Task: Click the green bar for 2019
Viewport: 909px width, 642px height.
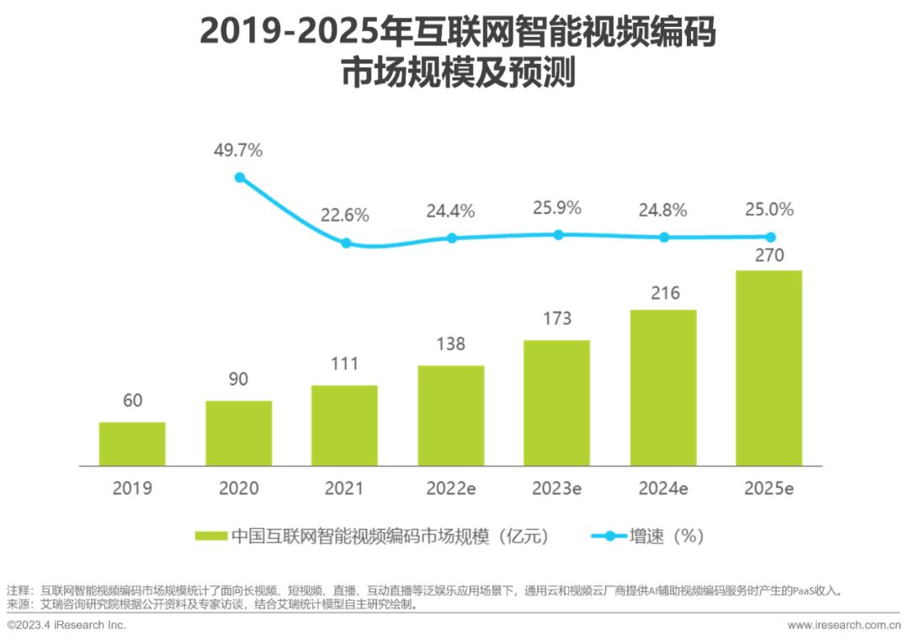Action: [132, 444]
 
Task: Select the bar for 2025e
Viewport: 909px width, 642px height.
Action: [768, 368]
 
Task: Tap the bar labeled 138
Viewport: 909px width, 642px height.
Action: [450, 415]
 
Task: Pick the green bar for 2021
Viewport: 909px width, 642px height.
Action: [344, 425]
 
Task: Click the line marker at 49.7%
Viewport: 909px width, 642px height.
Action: [240, 178]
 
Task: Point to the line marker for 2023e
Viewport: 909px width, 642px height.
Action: [557, 234]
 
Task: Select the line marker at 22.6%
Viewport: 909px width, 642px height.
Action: [345, 243]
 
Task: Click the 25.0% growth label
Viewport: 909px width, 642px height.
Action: [769, 210]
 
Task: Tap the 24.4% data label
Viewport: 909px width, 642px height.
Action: [450, 211]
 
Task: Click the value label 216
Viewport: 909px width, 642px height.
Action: [664, 293]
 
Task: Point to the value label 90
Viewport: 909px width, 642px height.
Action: [238, 379]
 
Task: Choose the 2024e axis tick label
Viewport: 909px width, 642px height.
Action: [663, 489]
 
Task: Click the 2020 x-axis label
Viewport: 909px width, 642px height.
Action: [238, 489]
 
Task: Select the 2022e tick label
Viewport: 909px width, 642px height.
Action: [450, 489]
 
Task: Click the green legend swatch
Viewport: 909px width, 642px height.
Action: [210, 537]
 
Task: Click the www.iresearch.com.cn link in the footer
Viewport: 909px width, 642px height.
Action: [843, 625]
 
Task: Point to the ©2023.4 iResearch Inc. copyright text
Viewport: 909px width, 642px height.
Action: [66, 625]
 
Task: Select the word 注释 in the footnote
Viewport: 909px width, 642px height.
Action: [19, 591]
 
